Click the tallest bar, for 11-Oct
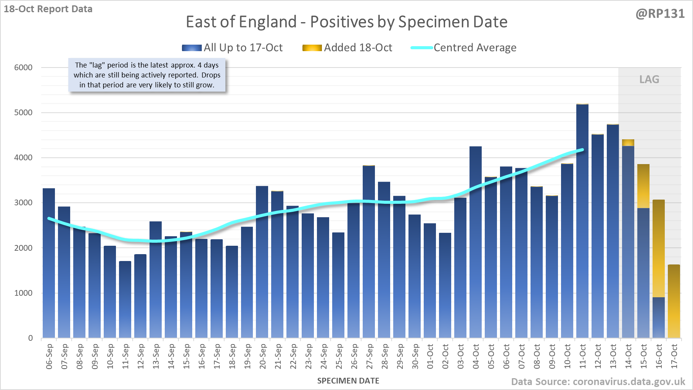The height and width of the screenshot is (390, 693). click(582, 221)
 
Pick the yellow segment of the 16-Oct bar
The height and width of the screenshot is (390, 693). click(659, 248)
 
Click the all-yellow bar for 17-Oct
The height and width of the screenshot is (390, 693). click(674, 301)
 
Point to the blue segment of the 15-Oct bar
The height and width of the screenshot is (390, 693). click(643, 273)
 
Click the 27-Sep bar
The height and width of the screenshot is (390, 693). click(369, 252)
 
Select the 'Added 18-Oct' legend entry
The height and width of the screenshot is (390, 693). click(347, 48)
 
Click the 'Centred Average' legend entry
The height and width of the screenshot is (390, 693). click(464, 48)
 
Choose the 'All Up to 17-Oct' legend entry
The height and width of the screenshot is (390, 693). click(232, 48)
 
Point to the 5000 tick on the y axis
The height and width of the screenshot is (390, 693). click(23, 113)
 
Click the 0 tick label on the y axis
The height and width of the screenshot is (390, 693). click(31, 338)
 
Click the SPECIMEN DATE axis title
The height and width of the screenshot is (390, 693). click(348, 381)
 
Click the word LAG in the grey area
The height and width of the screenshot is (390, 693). click(649, 79)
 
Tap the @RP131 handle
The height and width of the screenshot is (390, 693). click(660, 14)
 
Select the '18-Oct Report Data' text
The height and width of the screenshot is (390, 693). click(48, 9)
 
